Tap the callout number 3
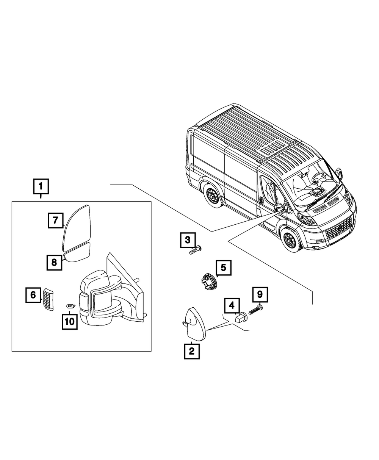[188, 240]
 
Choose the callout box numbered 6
[33, 295]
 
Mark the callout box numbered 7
[55, 220]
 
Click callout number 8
[55, 262]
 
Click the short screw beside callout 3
[195, 250]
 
